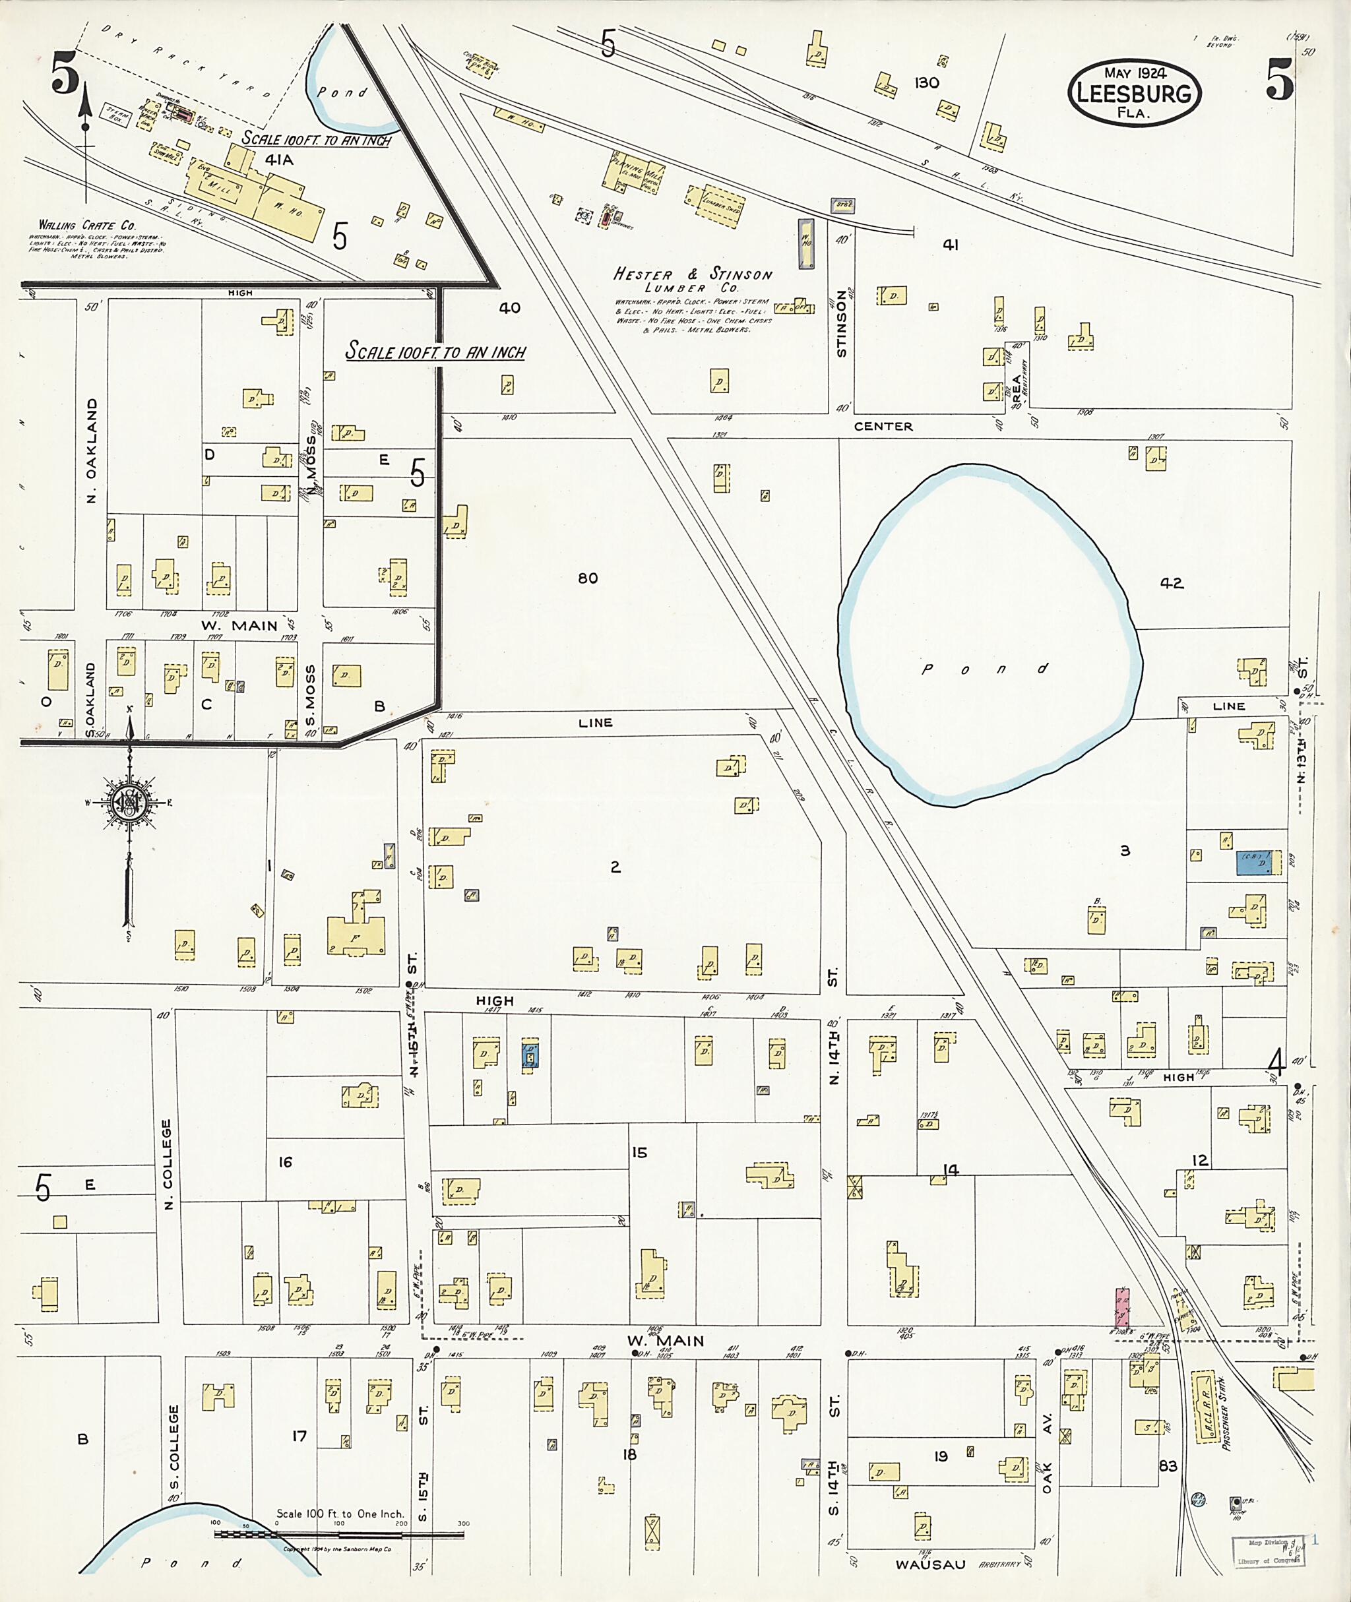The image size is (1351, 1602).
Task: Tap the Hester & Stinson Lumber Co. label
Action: [x=693, y=280]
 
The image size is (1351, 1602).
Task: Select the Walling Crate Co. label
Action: [x=87, y=226]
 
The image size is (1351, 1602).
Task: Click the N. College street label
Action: [x=168, y=1164]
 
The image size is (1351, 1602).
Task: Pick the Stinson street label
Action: [x=842, y=323]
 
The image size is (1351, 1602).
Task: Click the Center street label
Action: [x=883, y=427]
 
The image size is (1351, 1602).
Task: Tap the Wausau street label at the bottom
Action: [x=931, y=1565]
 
